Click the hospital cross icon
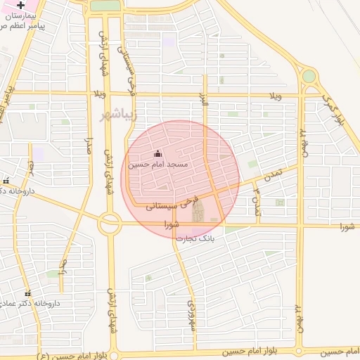20,5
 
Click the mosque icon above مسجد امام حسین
157,154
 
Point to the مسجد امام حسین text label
157,165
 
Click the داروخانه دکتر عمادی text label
32,303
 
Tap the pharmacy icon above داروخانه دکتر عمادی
28,293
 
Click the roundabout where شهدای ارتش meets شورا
110,224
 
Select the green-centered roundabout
309,76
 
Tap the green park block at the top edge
105,6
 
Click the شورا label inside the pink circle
172,226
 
